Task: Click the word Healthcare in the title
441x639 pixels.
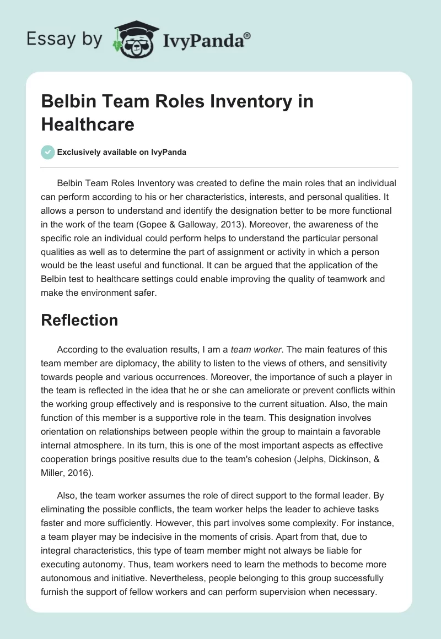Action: pyautogui.click(x=88, y=124)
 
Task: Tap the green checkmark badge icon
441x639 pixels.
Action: pyautogui.click(x=48, y=152)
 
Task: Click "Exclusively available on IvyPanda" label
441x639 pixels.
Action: pyautogui.click(x=122, y=152)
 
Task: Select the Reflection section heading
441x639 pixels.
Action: pyautogui.click(x=79, y=320)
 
